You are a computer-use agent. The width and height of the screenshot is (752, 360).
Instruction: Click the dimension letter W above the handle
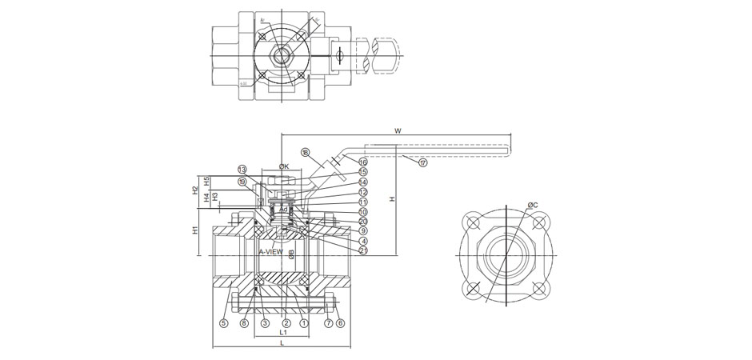click(397, 130)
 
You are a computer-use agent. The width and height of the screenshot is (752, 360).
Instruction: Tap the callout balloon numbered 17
click(423, 162)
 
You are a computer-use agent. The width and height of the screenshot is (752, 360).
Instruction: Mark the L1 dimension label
click(283, 332)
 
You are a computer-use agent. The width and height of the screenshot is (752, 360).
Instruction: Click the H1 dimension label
click(197, 231)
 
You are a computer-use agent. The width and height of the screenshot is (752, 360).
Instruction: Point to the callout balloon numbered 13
click(242, 170)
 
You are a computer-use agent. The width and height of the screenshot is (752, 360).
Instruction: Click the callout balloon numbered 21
click(364, 250)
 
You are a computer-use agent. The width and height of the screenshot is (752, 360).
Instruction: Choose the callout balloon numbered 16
click(362, 162)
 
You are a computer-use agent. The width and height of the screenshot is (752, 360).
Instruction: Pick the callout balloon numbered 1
click(304, 323)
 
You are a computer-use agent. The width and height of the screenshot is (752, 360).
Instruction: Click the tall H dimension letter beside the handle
click(393, 200)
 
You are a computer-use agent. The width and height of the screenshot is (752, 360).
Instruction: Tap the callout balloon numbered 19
click(242, 181)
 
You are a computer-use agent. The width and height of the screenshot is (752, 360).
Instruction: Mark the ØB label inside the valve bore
click(293, 255)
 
